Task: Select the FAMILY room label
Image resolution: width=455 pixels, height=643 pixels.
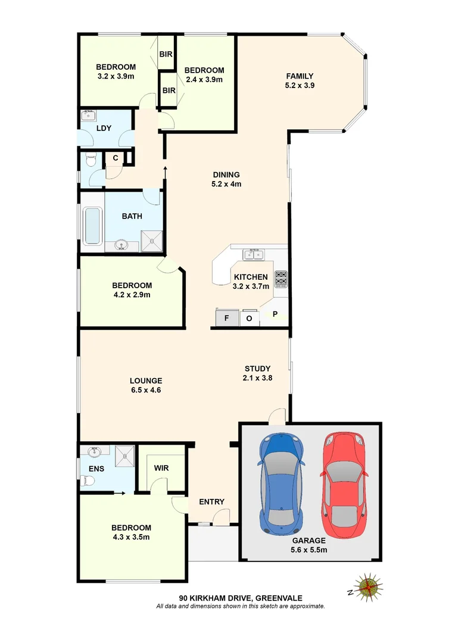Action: pyautogui.click(x=300, y=76)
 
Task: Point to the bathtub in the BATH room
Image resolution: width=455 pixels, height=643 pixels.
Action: pyautogui.click(x=92, y=226)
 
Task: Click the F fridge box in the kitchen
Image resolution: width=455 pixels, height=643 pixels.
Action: pyautogui.click(x=226, y=318)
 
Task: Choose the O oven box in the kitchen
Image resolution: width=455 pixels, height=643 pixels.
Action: pyautogui.click(x=250, y=318)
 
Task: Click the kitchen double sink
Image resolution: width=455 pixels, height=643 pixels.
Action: pyautogui.click(x=254, y=255)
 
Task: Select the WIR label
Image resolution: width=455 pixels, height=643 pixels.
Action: pyautogui.click(x=161, y=468)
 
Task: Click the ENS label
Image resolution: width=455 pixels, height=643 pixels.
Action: pyautogui.click(x=96, y=469)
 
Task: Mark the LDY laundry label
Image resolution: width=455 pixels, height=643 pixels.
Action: pyautogui.click(x=104, y=128)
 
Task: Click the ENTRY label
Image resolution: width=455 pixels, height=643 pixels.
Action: pyautogui.click(x=211, y=502)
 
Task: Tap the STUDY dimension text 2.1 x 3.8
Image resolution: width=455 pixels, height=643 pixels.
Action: pyautogui.click(x=257, y=377)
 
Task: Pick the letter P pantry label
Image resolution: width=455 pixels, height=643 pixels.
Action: pyautogui.click(x=276, y=314)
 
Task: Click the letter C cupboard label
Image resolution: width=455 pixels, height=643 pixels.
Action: pyautogui.click(x=116, y=158)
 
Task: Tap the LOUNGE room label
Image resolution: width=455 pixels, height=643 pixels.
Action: pyautogui.click(x=146, y=381)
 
